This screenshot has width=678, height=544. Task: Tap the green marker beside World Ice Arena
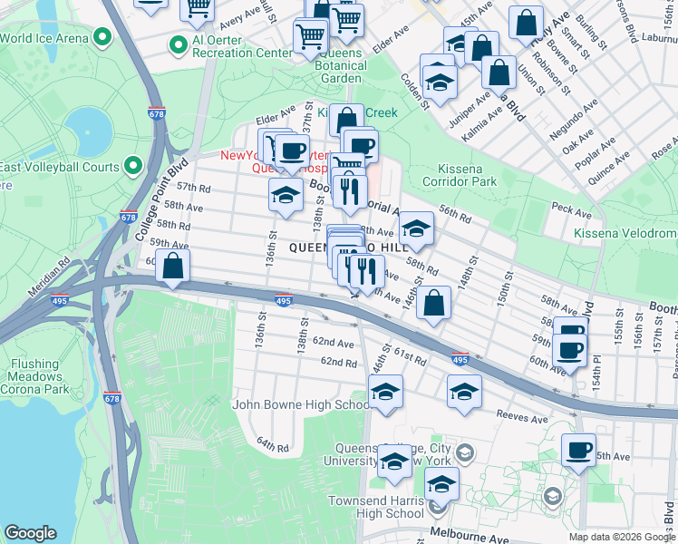(102, 38)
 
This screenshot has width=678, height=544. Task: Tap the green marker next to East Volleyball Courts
(133, 166)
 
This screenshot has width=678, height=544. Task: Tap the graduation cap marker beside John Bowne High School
(386, 393)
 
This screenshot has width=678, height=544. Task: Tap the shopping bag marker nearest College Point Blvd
(172, 267)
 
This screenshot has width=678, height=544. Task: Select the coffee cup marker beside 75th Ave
(578, 450)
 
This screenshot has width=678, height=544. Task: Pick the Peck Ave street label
(571, 211)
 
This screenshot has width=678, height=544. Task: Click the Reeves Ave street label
(521, 419)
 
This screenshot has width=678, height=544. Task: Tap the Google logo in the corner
(30, 533)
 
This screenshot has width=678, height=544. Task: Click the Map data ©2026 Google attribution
(621, 537)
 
